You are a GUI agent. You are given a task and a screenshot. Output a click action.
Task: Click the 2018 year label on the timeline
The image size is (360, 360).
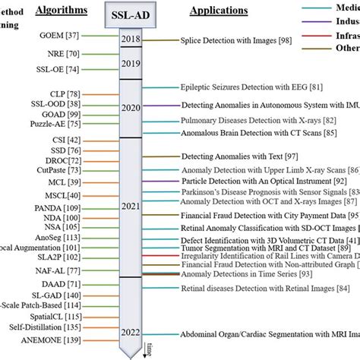point(131,39)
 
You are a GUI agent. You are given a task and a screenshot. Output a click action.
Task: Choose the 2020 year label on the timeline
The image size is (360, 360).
point(131,108)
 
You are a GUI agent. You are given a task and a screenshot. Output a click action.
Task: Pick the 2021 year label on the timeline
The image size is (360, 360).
point(131,205)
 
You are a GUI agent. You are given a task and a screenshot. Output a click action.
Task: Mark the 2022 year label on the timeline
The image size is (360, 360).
point(131,333)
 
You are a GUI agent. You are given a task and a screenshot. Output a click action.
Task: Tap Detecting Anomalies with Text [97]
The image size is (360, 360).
point(238,156)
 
